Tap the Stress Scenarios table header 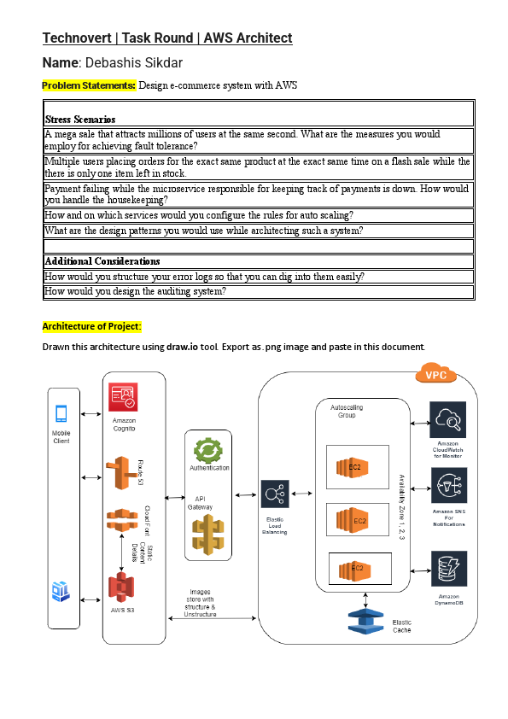[x=80, y=120]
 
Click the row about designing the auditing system [x=135, y=291]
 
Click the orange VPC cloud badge [x=435, y=374]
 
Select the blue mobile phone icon [x=62, y=414]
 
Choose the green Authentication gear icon [x=207, y=449]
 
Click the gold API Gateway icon [x=208, y=535]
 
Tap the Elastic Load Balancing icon [x=275, y=494]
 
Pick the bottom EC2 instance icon [x=356, y=568]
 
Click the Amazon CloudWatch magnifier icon [x=447, y=418]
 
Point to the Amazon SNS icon [x=447, y=487]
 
